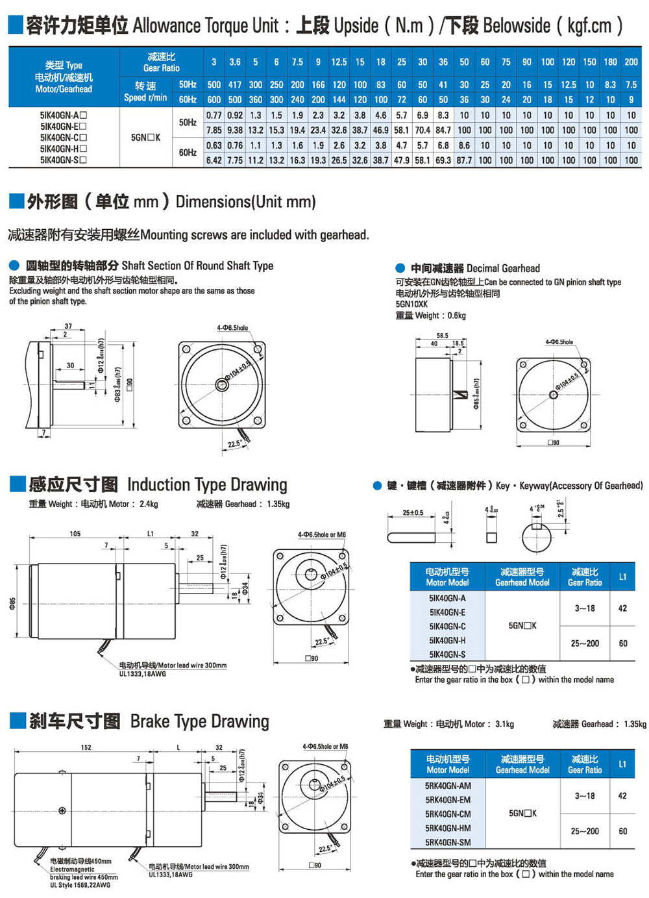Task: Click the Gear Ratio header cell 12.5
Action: coord(339,62)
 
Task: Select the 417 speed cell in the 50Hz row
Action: coord(235,85)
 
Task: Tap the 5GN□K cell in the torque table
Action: coord(145,138)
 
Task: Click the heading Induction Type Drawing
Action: coord(207,485)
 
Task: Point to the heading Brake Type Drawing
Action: coord(199,721)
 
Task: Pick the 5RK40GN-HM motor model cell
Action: coord(448,828)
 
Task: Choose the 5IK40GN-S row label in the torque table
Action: coord(63,160)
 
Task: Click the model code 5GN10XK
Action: coord(411,304)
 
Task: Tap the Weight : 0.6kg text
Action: coord(430,316)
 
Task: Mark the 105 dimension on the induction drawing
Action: coord(75,534)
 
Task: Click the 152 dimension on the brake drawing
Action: coord(86,747)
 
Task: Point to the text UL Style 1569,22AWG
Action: coord(80,885)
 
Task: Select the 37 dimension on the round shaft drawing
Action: coord(68,327)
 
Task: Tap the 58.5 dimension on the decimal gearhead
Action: coord(442,336)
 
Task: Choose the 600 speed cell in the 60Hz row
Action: coord(214,99)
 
